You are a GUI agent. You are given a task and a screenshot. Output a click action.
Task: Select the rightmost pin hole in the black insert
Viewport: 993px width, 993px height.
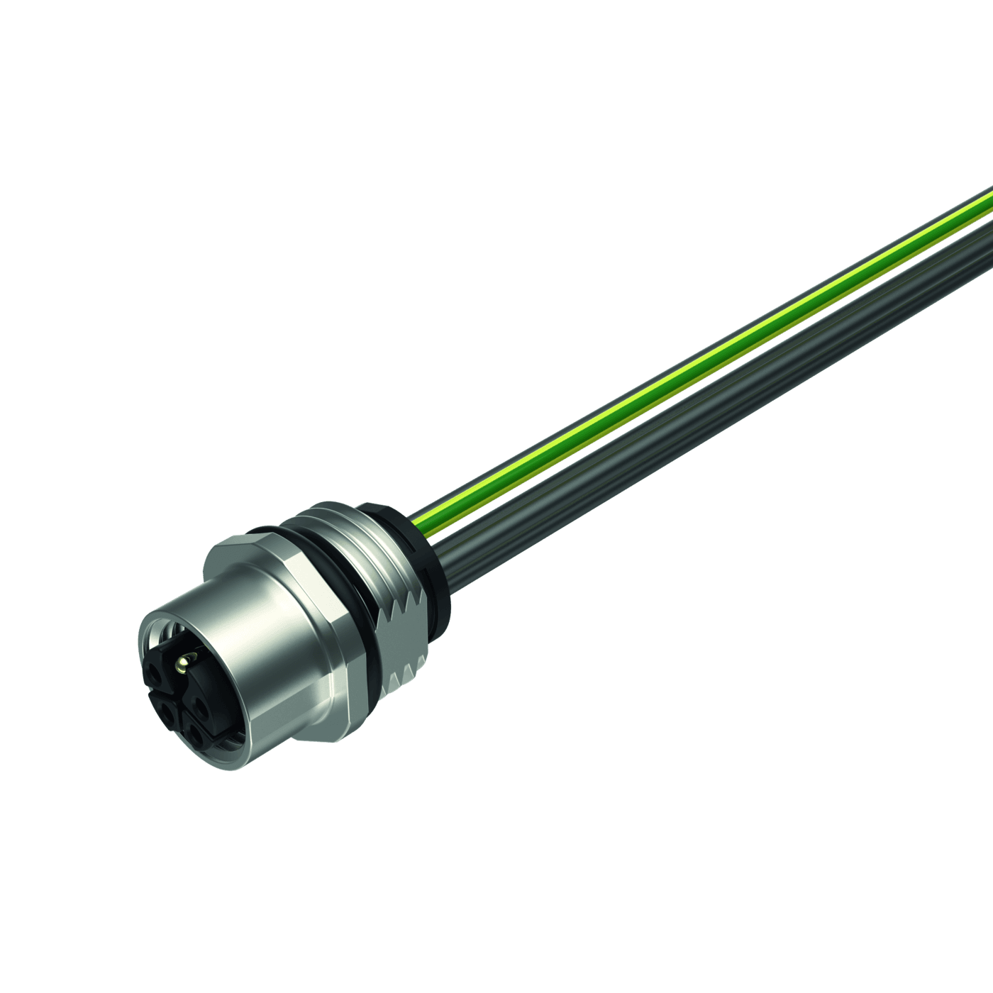click(x=203, y=706)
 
